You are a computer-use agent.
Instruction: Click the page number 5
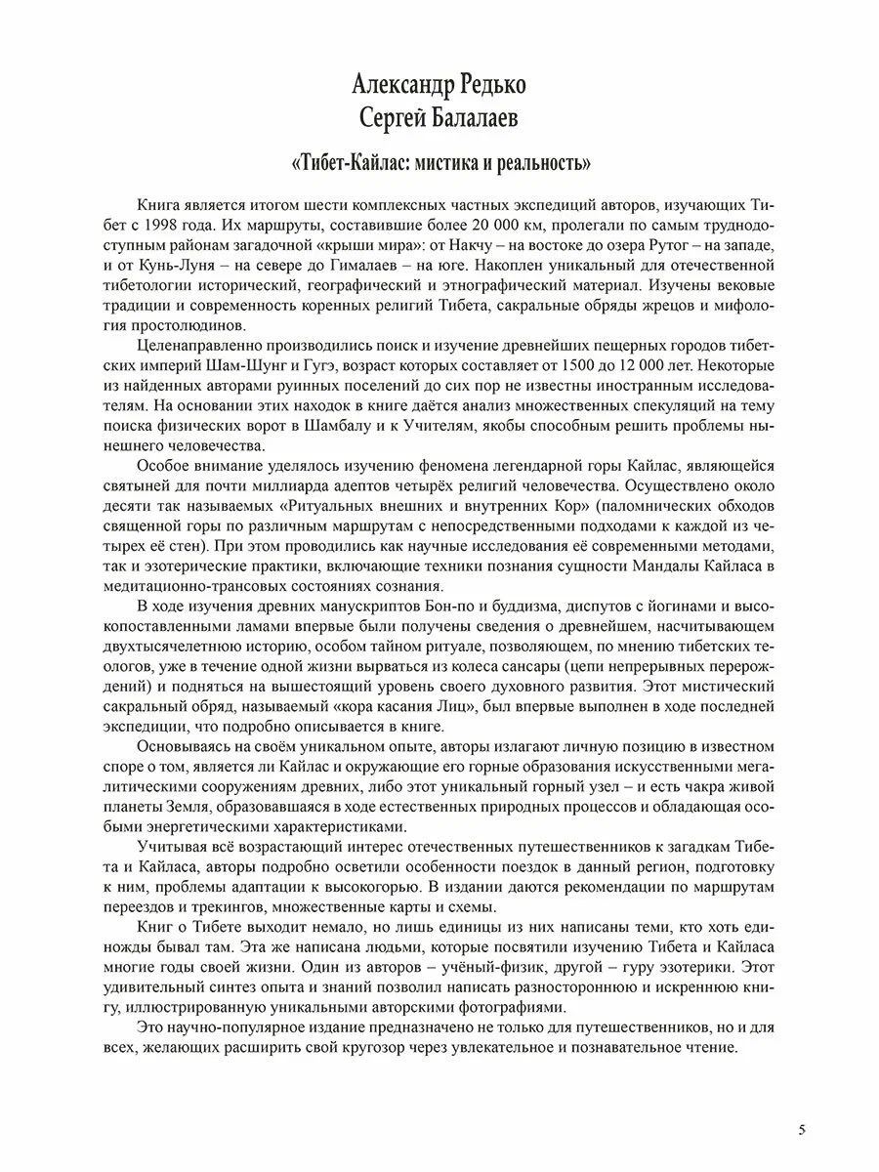click(801, 1130)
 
